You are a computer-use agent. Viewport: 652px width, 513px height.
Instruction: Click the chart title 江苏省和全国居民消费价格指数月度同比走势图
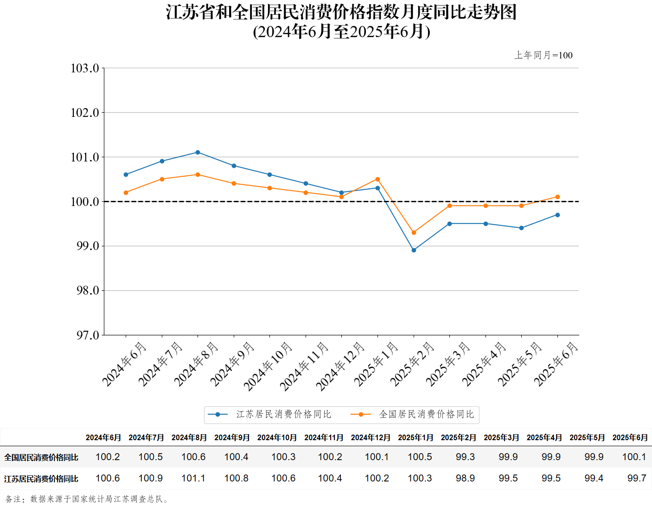[x=341, y=13]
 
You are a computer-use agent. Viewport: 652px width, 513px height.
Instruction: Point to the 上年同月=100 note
[x=543, y=55]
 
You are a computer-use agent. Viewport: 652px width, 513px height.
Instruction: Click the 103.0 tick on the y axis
[x=85, y=68]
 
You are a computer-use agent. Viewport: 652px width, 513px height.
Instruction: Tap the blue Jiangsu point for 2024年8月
[x=198, y=152]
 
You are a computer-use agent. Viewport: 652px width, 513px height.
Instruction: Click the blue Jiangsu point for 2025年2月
[x=414, y=250]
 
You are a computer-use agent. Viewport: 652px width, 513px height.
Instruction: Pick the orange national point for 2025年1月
[x=377, y=179]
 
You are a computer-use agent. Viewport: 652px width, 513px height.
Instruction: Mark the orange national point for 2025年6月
[x=557, y=197]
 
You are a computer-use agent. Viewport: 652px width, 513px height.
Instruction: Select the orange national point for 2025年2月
[x=414, y=232]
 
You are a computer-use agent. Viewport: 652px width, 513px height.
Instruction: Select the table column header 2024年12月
[x=371, y=437]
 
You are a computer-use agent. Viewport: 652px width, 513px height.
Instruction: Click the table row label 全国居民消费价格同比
[x=41, y=457]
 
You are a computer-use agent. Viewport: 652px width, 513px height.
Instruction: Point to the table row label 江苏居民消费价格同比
[x=41, y=479]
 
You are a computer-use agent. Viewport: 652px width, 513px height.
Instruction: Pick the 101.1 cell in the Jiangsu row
[x=193, y=478]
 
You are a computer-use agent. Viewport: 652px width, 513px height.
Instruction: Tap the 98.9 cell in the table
[x=465, y=478]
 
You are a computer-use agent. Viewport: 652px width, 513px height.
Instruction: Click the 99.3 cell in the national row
[x=465, y=457]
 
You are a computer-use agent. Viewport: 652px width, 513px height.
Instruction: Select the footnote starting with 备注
[x=87, y=499]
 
